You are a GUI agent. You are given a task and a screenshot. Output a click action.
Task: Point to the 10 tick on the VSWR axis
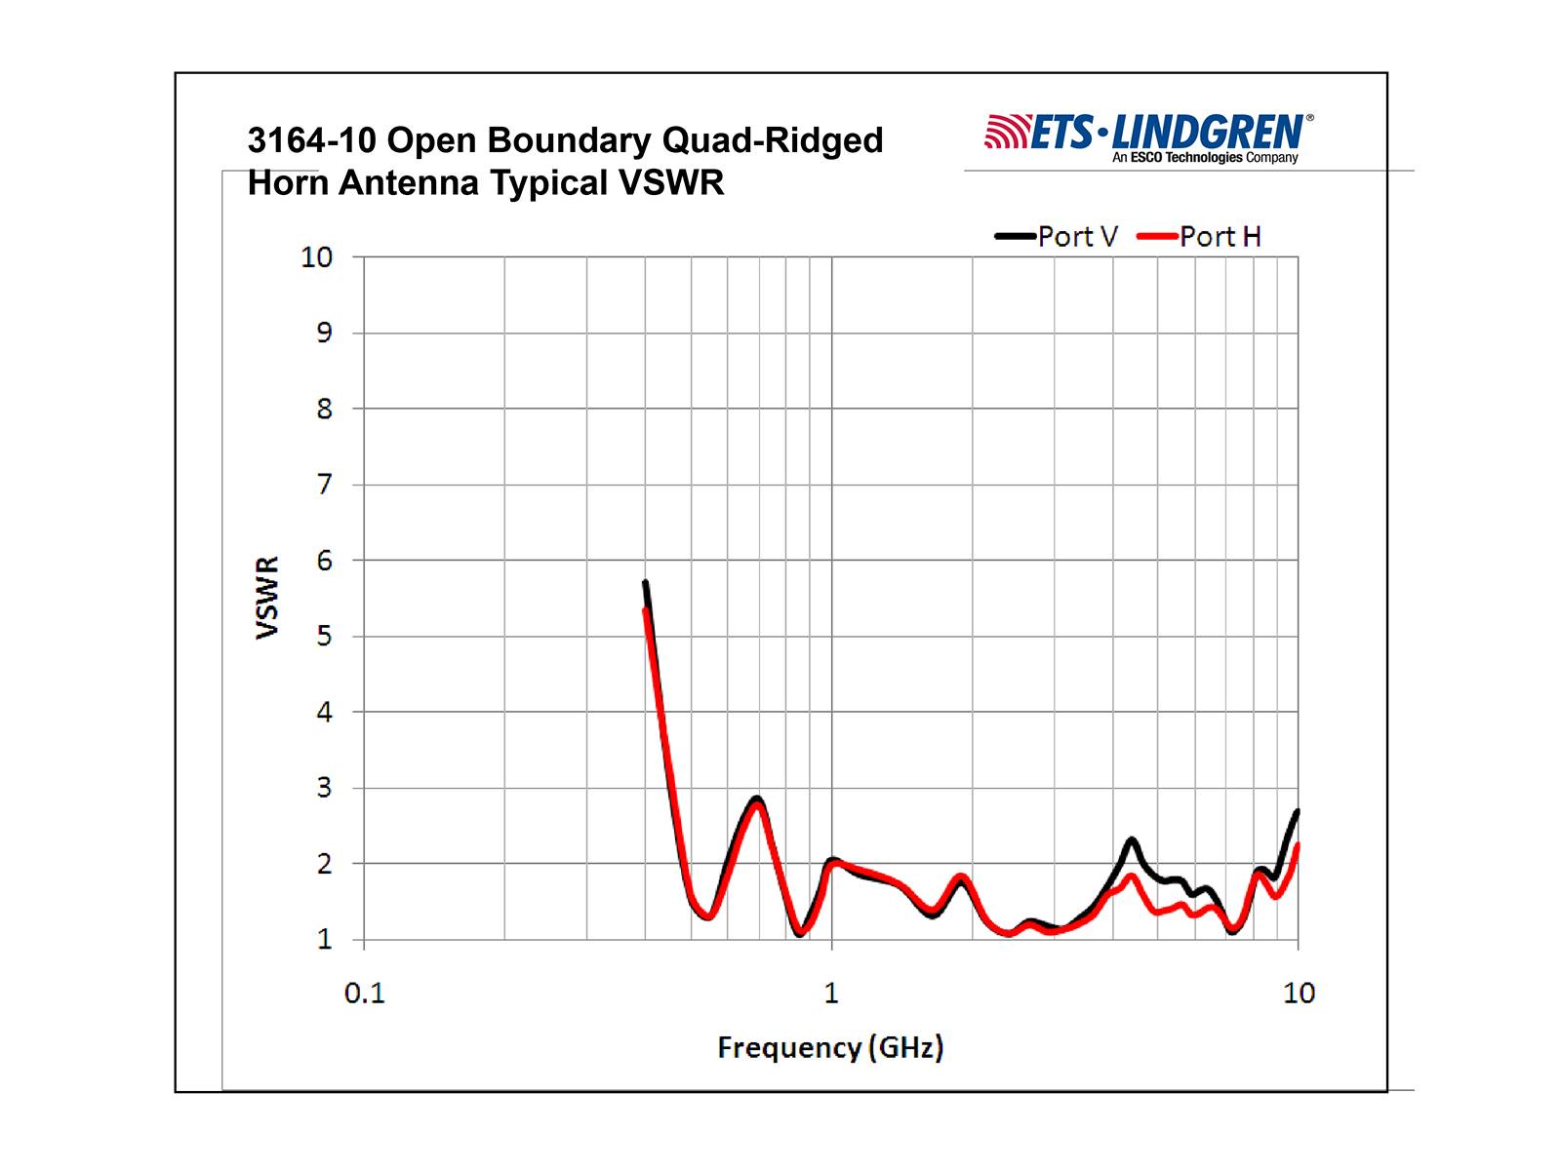316,257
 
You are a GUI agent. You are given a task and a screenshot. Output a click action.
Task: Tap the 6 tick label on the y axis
324,561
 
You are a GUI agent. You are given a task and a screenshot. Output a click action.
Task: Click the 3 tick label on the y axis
324,788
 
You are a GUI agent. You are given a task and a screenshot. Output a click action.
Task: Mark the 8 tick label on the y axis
324,409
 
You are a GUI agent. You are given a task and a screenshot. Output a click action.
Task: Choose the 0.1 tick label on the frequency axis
365,994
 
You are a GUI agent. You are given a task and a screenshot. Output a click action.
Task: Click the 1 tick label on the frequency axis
831,994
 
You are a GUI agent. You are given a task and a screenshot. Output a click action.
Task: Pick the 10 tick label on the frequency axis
1299,994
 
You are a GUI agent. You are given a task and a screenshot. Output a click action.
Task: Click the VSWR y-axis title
267,598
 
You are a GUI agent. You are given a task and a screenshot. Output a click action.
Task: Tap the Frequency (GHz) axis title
830,1048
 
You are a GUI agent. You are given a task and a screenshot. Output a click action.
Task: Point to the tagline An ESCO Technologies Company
1205,158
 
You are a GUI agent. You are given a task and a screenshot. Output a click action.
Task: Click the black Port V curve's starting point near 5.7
645,583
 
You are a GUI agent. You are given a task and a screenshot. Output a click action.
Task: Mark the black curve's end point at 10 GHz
1297,811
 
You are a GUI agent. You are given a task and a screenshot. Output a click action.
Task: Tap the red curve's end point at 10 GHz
1298,845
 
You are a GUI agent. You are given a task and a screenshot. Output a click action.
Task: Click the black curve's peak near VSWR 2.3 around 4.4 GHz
1132,839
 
